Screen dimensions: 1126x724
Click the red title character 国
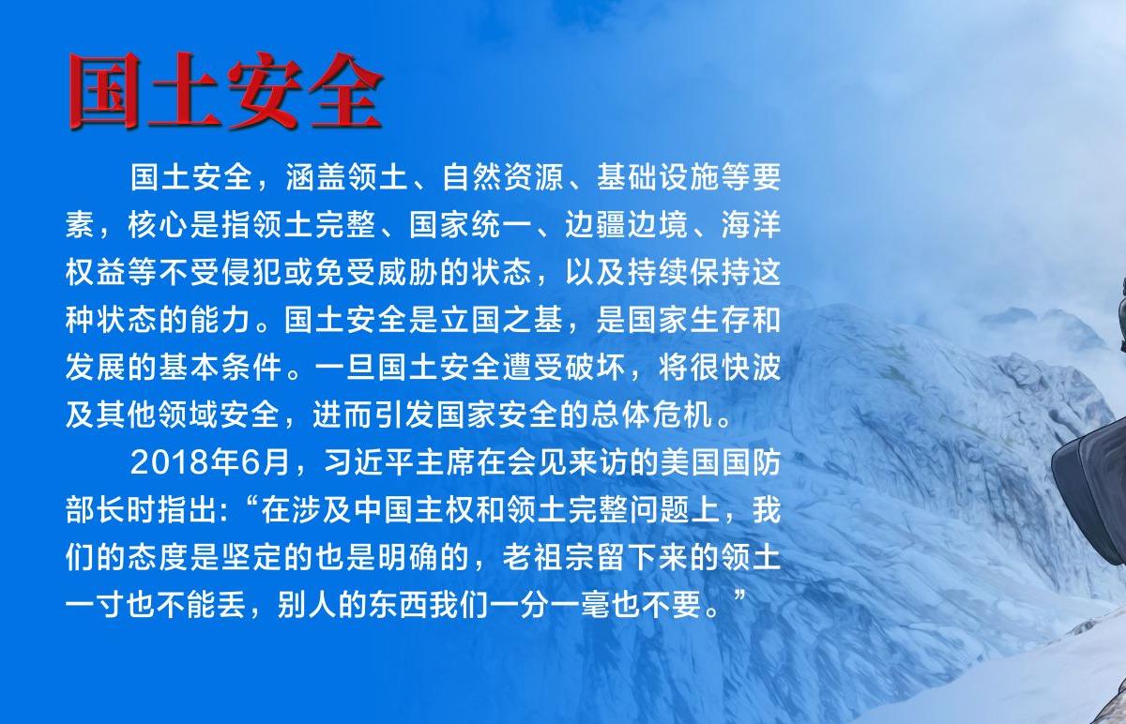tap(104, 90)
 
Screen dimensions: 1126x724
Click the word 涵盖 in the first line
tap(315, 177)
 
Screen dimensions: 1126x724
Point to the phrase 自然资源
tap(503, 177)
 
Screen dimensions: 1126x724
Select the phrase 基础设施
tap(659, 177)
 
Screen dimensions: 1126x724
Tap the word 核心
tap(158, 224)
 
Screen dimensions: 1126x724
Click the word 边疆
tap(596, 224)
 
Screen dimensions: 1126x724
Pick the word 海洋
tap(751, 224)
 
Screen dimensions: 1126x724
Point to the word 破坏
tap(596, 368)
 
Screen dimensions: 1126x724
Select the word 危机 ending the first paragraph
tap(683, 415)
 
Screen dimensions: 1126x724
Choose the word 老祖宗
tap(550, 558)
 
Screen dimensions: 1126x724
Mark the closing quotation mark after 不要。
tap(739, 596)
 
